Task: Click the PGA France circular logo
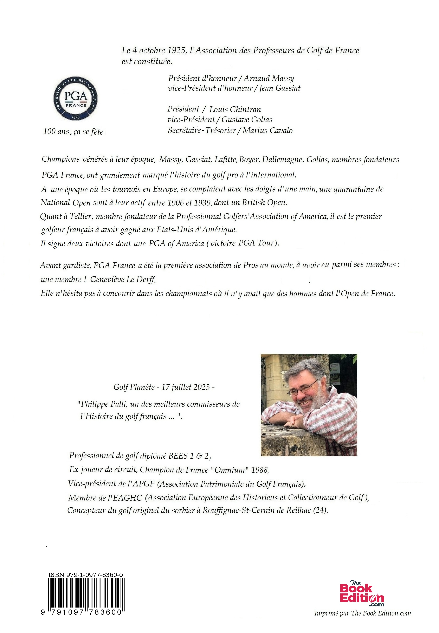click(75, 99)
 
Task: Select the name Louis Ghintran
click(235, 110)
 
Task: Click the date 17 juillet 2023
click(185, 387)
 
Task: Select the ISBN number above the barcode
click(85, 574)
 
